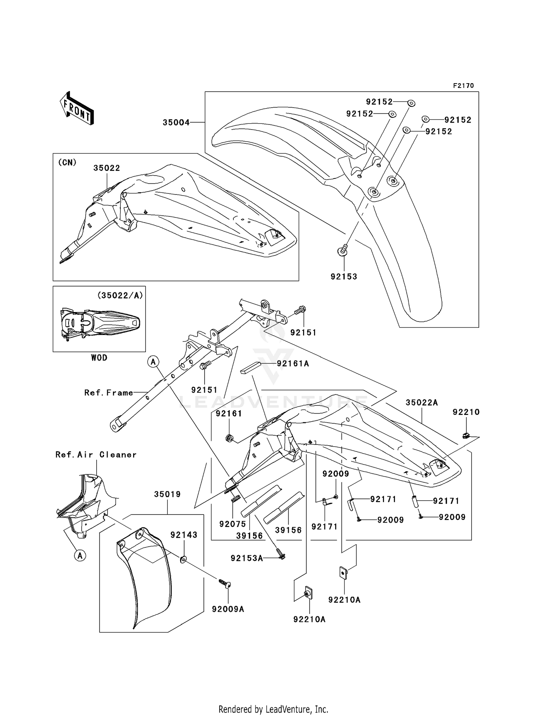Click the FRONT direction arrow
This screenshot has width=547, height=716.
(77, 108)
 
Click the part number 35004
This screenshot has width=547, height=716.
(176, 123)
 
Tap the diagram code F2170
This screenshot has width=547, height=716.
(463, 86)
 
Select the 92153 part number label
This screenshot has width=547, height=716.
(344, 277)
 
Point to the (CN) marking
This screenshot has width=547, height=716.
(67, 162)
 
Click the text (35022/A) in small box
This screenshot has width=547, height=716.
(120, 296)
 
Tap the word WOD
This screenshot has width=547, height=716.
(99, 358)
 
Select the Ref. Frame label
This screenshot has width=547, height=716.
(109, 393)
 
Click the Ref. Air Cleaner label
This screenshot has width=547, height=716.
(96, 455)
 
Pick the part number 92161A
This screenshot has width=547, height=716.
(293, 363)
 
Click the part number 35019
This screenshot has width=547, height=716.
(167, 494)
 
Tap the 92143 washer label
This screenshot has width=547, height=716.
(184, 535)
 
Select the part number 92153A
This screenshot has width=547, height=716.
(247, 558)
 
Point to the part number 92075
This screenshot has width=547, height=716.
(233, 524)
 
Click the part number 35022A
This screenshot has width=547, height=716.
(422, 403)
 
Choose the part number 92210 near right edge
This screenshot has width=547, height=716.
(466, 412)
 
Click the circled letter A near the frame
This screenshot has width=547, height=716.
(153, 362)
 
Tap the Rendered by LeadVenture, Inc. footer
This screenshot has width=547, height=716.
(273, 709)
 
